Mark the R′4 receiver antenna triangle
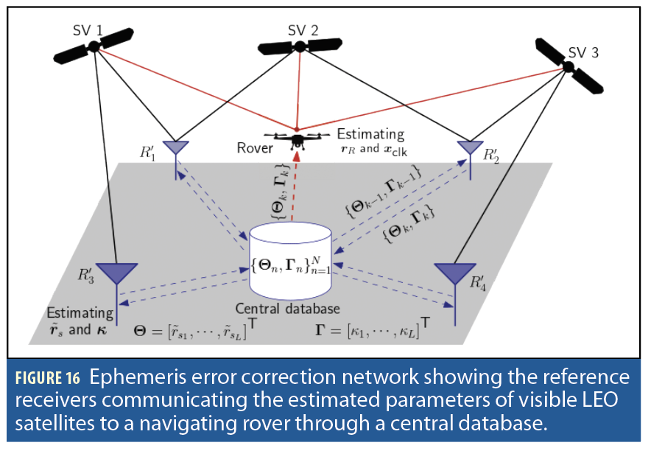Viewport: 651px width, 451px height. (x=453, y=273)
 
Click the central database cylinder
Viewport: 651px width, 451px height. (x=290, y=258)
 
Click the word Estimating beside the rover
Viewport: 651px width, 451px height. (x=370, y=134)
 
